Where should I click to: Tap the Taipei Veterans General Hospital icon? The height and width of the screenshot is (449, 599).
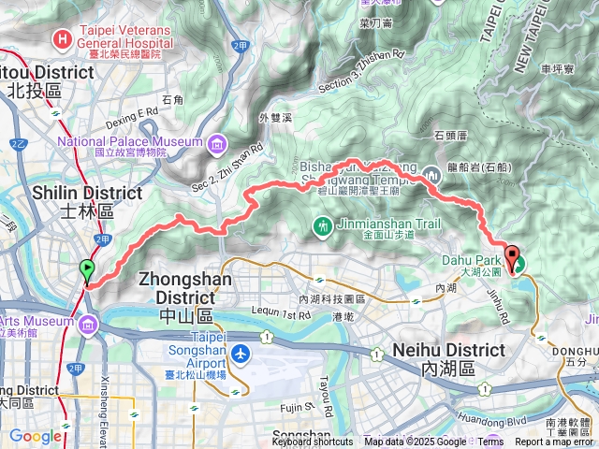[x=62, y=38]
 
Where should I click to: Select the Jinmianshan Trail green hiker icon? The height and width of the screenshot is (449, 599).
[x=323, y=224]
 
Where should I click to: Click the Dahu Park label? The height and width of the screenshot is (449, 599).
[x=461, y=261]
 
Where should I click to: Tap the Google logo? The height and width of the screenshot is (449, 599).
[x=36, y=436]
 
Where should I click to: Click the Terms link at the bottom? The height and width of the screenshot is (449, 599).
[x=490, y=442]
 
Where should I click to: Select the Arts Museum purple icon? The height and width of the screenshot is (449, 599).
[x=88, y=325]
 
